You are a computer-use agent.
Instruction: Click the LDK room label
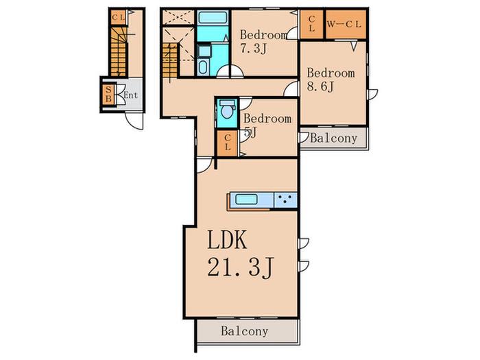tap(227, 240)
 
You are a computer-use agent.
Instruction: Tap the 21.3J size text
tap(240, 267)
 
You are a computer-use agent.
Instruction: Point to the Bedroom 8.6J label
tap(331, 80)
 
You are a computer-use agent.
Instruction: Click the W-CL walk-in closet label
tap(344, 25)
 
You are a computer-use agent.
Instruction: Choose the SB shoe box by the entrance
tap(108, 95)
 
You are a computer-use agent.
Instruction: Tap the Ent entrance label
tap(131, 95)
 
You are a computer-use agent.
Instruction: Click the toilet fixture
tap(227, 109)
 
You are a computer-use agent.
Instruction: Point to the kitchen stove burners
tap(285, 200)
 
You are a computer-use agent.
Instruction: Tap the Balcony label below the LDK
tap(245, 331)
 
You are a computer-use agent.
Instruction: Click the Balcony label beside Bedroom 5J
tap(334, 139)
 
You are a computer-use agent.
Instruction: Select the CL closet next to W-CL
tap(311, 24)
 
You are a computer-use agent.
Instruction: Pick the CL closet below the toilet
tap(227, 143)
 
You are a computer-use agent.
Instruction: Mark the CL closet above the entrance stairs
tap(118, 17)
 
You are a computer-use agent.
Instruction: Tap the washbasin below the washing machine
tap(202, 68)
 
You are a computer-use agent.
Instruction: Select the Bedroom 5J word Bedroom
tap(267, 119)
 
